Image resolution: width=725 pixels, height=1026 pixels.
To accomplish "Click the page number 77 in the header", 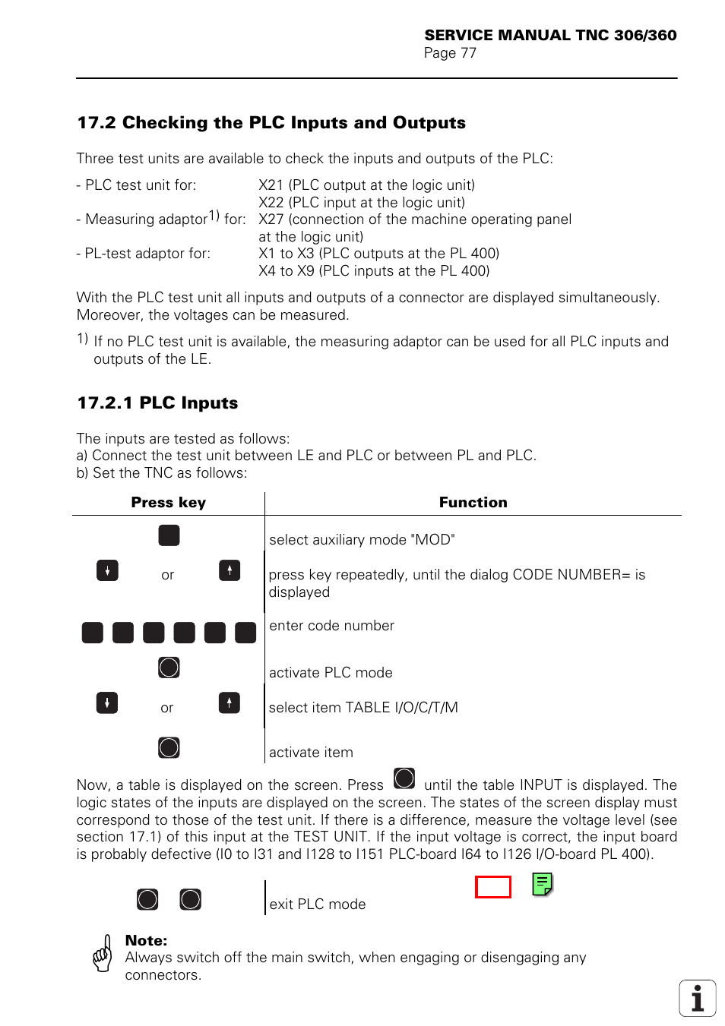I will pyautogui.click(x=468, y=53).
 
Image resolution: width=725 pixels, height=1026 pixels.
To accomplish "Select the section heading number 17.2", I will pyautogui.click(x=99, y=123).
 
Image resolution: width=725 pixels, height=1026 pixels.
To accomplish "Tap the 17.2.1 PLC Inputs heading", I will pyautogui.click(x=157, y=403).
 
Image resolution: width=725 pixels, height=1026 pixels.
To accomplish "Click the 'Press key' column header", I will pyautogui.click(x=168, y=503).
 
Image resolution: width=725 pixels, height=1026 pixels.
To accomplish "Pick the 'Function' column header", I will pyautogui.click(x=473, y=503).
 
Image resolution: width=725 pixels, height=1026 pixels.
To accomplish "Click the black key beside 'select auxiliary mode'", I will pyautogui.click(x=169, y=535).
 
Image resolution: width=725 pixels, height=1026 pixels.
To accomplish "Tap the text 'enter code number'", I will pyautogui.click(x=331, y=626).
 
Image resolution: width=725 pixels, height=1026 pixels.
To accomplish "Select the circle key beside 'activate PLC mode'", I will pyautogui.click(x=169, y=668).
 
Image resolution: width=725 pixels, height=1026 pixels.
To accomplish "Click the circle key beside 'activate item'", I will pyautogui.click(x=169, y=748).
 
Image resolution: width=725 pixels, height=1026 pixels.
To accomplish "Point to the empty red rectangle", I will pyautogui.click(x=493, y=887).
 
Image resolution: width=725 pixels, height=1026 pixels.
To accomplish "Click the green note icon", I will pyautogui.click(x=542, y=884).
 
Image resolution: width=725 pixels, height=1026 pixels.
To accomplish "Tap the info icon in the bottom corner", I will pyautogui.click(x=698, y=998).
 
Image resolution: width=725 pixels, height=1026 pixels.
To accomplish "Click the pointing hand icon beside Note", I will pyautogui.click(x=103, y=954).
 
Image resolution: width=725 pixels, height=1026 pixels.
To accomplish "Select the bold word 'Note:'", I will pyautogui.click(x=146, y=940).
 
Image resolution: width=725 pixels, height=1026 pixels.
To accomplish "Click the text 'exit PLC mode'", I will pyautogui.click(x=317, y=904).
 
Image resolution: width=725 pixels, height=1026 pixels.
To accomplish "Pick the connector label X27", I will pyautogui.click(x=271, y=219).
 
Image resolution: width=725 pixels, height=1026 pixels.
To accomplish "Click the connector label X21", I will pyautogui.click(x=271, y=185).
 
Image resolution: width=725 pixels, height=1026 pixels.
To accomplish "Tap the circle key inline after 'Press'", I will pyautogui.click(x=404, y=778).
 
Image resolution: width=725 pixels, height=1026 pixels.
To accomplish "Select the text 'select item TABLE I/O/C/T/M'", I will pyautogui.click(x=363, y=708).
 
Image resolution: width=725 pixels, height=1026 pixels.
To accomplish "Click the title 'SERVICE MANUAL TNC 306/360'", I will pyautogui.click(x=550, y=35).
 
